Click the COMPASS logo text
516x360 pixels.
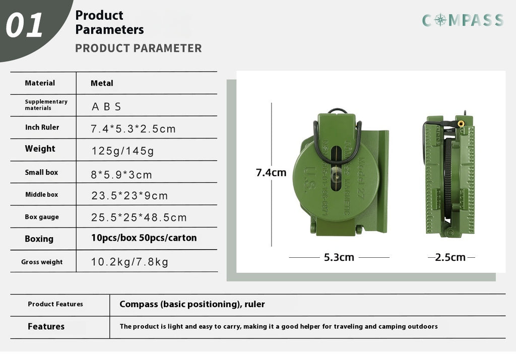(x=463, y=20)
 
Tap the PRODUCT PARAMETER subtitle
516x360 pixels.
(x=138, y=48)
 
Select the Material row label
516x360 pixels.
(x=40, y=83)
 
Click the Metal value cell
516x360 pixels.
(x=102, y=83)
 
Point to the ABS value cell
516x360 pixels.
(x=107, y=107)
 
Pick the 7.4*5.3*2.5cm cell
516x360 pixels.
(x=133, y=129)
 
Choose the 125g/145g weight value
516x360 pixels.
(x=123, y=151)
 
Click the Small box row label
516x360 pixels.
(x=41, y=172)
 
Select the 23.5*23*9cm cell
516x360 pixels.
(x=130, y=196)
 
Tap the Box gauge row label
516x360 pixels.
(x=42, y=217)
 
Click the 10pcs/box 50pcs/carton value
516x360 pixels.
(x=144, y=238)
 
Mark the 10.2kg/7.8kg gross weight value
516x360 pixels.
(x=130, y=262)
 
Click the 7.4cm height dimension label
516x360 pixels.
(x=271, y=173)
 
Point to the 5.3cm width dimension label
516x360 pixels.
(x=339, y=257)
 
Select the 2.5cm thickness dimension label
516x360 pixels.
(x=450, y=257)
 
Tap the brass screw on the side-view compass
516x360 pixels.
(x=461, y=123)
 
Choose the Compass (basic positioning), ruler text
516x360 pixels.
(x=192, y=304)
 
